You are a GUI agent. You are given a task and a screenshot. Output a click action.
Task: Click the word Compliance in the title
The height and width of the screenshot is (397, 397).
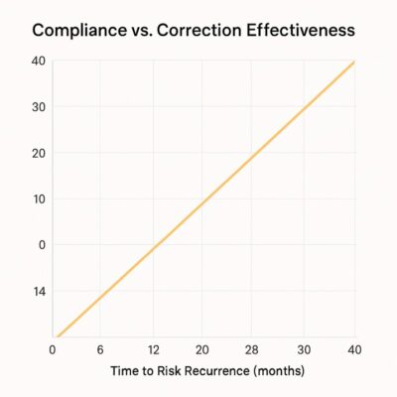pyautogui.click(x=83, y=30)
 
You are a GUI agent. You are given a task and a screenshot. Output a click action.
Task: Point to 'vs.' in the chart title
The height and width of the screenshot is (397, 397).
pyautogui.click(x=150, y=30)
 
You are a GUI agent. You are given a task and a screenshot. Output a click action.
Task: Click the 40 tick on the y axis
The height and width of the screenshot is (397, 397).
pyautogui.click(x=38, y=60)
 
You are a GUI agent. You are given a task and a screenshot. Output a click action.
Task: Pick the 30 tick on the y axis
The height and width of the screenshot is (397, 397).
pyautogui.click(x=38, y=106)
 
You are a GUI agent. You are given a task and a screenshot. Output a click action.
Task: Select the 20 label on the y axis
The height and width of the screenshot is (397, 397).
pyautogui.click(x=38, y=152)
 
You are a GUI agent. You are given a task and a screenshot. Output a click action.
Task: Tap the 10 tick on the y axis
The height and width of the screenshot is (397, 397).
pyautogui.click(x=38, y=198)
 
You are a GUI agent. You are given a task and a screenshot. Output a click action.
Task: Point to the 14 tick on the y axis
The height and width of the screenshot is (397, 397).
pyautogui.click(x=38, y=291)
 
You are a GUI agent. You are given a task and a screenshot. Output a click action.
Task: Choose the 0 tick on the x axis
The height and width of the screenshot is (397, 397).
pyautogui.click(x=53, y=349)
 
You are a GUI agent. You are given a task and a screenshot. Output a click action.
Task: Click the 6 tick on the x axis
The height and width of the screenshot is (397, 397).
pyautogui.click(x=100, y=349)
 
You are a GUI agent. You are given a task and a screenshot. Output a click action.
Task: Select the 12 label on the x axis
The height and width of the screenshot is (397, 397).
pyautogui.click(x=152, y=349)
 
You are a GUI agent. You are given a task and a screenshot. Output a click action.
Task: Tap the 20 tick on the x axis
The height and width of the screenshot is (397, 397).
pyautogui.click(x=202, y=349)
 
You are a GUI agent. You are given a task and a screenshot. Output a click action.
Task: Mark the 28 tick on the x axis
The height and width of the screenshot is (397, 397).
pyautogui.click(x=253, y=349)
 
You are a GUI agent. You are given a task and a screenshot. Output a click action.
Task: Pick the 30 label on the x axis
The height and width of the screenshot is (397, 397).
pyautogui.click(x=304, y=349)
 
